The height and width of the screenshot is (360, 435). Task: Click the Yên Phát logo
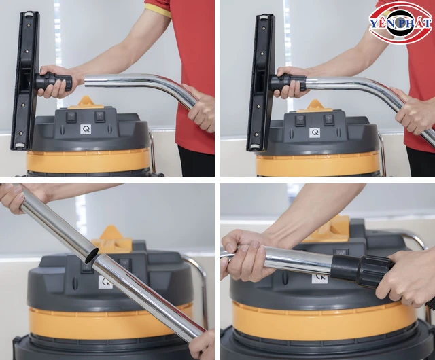[x=400, y=22]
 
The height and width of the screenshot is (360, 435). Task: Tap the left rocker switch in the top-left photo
[x=71, y=117]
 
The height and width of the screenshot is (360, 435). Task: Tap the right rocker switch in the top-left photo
[x=100, y=116]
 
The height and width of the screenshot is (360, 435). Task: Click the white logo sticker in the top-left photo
[x=86, y=129]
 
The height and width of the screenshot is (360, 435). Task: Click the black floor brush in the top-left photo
[x=26, y=80]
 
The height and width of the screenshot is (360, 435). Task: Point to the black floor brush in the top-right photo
[x=261, y=83]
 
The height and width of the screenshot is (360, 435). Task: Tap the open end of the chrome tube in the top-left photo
[x=86, y=81]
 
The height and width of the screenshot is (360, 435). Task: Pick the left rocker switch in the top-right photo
[x=300, y=121]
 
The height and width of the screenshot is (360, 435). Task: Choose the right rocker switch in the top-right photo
[x=329, y=120]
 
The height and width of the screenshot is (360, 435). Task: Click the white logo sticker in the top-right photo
[x=315, y=133]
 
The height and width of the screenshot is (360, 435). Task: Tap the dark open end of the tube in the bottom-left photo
[x=92, y=255]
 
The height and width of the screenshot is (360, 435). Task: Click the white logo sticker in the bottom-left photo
[x=105, y=282]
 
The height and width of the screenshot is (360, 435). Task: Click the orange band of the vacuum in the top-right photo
[x=316, y=164]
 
